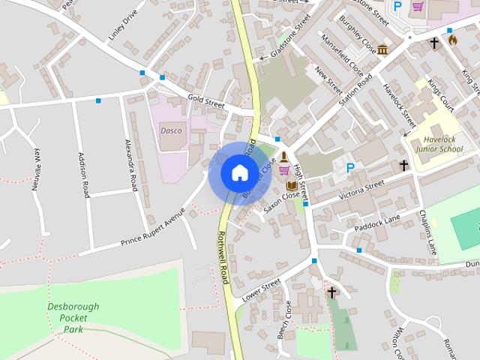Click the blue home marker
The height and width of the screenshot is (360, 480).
(x=239, y=172)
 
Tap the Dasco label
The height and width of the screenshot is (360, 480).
(x=171, y=129)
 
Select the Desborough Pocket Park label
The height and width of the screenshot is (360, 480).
(x=73, y=317)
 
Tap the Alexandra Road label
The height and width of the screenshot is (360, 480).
(x=130, y=164)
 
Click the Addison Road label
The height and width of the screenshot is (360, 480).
(x=82, y=173)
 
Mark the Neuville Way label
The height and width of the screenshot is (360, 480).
(x=36, y=170)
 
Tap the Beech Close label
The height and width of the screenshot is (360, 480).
(x=285, y=319)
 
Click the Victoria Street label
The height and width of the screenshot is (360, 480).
(x=361, y=188)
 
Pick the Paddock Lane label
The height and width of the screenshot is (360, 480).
(x=379, y=220)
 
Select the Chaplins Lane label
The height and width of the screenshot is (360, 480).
(x=427, y=232)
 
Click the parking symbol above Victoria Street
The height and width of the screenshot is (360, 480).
(x=349, y=168)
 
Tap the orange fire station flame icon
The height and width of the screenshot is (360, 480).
(x=452, y=38)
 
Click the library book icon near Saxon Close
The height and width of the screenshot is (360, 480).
(x=289, y=184)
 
